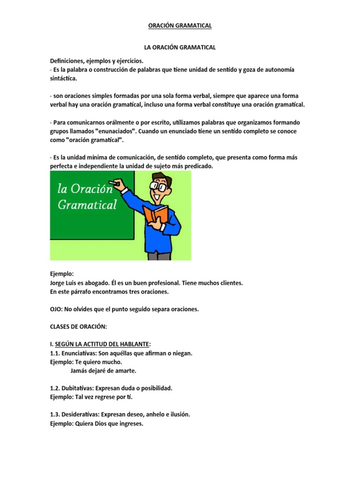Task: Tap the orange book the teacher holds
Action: [x=156, y=215]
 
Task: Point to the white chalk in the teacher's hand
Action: [x=112, y=181]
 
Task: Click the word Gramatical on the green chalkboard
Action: [x=87, y=205]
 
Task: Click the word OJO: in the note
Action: [x=58, y=310]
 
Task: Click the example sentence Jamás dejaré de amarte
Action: [x=104, y=370]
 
